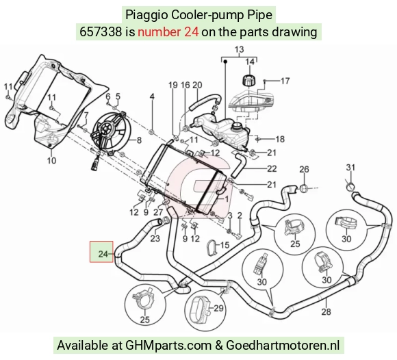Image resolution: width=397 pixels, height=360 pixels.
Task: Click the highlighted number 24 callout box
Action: [101, 252]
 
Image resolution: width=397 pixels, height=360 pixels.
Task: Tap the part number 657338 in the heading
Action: [101, 32]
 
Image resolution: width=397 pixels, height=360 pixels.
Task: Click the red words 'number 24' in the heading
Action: [168, 32]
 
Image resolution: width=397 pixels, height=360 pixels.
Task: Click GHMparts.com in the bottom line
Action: [168, 345]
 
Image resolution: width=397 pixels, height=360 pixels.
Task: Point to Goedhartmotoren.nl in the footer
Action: [283, 345]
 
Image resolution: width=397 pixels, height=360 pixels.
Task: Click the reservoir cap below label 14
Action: [249, 80]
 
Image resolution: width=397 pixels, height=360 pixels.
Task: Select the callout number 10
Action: [51, 161]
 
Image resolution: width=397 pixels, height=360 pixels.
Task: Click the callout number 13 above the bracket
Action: [240, 49]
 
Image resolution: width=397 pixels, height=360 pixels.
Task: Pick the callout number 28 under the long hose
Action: [326, 311]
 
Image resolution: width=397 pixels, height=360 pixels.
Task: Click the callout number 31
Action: [350, 168]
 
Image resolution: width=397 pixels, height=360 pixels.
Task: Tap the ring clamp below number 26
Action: [304, 188]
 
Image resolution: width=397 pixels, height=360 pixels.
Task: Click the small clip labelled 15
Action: [212, 247]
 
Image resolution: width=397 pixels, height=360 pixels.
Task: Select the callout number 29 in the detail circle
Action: [218, 308]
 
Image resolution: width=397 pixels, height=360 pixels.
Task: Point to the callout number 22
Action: [272, 168]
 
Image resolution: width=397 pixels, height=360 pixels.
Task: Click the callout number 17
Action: [285, 81]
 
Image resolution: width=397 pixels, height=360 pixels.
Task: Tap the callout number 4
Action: [152, 97]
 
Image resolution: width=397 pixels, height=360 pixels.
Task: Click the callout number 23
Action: [155, 238]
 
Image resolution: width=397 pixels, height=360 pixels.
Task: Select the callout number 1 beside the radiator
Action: [227, 198]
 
